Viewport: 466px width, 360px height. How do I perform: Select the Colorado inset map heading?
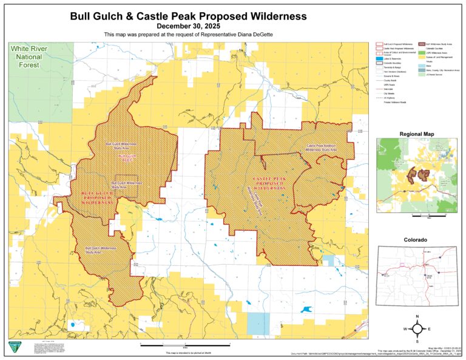pyautogui.click(x=416, y=240)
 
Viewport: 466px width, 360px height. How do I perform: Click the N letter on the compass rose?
pyautogui.click(x=417, y=318)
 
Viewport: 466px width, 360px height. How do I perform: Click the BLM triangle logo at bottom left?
pyautogui.click(x=13, y=347)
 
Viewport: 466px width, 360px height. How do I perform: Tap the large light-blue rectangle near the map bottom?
pyautogui.click(x=258, y=324)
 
